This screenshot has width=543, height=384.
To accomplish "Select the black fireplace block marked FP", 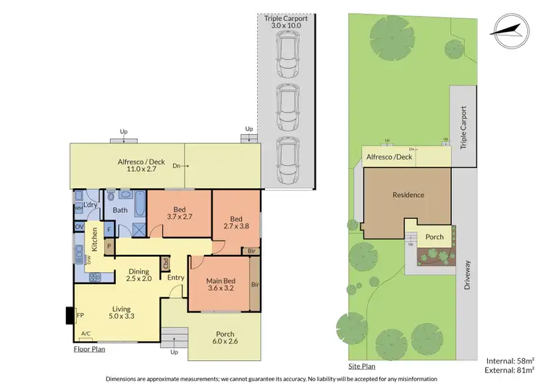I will pyautogui.click(x=70, y=316).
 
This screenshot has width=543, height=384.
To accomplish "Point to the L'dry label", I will pyautogui.click(x=90, y=205).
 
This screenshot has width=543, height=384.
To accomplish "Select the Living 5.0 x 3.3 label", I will pyautogui.click(x=121, y=313).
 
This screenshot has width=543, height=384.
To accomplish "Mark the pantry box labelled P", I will pyautogui.click(x=109, y=246).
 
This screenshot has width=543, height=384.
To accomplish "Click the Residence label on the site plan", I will pyautogui.click(x=408, y=195).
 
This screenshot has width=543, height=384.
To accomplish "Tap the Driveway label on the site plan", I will pyautogui.click(x=468, y=276).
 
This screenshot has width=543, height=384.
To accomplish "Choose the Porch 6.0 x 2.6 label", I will pyautogui.click(x=224, y=336).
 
